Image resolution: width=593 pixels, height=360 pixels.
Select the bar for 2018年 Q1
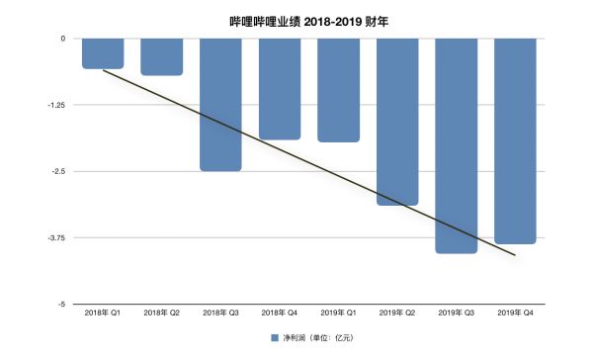click(103, 53)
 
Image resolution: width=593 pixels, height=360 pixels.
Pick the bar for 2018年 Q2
click(161, 56)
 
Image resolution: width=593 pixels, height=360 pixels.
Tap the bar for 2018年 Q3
click(220, 104)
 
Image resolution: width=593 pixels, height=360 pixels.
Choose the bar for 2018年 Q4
click(280, 89)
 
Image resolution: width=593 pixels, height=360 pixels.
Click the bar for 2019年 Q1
click(338, 90)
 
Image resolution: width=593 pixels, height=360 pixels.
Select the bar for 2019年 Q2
click(397, 122)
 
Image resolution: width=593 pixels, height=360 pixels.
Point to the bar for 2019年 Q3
click(456, 145)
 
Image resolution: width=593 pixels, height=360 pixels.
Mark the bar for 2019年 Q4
click(515, 140)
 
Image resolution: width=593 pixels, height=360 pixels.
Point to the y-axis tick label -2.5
click(57, 171)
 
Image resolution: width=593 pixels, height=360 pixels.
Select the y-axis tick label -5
click(61, 304)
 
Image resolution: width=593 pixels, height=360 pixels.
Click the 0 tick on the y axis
click(62, 39)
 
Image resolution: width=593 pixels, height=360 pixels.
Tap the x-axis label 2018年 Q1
click(103, 314)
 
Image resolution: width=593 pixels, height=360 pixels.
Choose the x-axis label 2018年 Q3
click(220, 314)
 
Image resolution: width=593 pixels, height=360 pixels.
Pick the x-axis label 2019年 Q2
click(397, 314)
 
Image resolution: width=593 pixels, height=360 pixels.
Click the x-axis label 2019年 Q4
click(515, 314)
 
